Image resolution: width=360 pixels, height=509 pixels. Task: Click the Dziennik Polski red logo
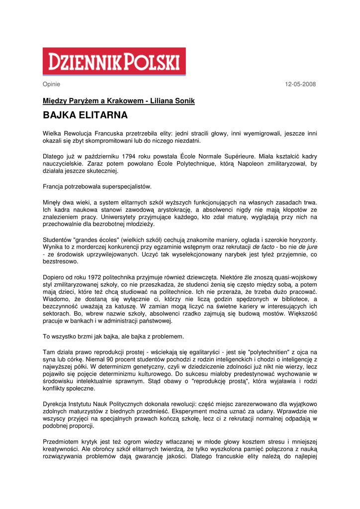(114, 62)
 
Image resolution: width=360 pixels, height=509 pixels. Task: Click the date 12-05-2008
(300, 84)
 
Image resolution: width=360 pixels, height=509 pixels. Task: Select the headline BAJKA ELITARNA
(85, 116)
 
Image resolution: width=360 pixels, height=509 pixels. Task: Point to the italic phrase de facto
(264, 247)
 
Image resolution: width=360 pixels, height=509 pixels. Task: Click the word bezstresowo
(60, 261)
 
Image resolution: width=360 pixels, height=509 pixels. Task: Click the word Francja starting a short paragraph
(54, 187)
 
